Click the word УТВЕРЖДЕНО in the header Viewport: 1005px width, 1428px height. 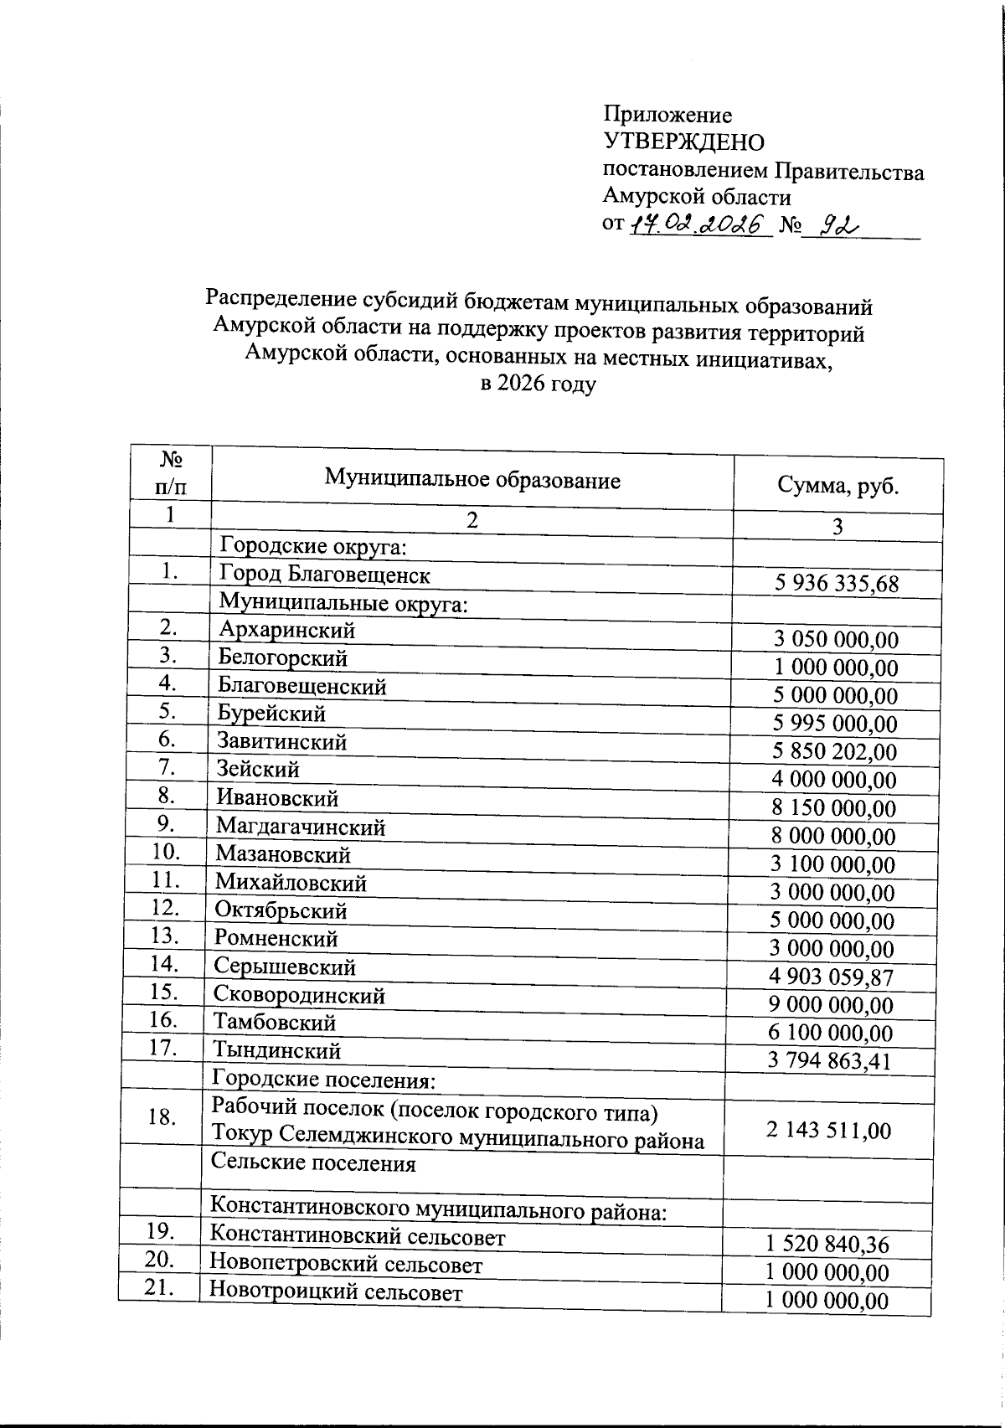683,142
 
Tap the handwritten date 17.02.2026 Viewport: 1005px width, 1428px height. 699,224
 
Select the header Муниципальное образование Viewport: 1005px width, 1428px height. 472,480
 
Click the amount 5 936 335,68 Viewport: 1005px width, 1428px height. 837,584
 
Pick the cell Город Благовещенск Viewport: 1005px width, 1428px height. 325,575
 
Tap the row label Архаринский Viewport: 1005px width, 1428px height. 288,630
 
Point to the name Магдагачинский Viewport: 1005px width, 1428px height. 301,827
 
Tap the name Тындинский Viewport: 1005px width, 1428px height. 277,1050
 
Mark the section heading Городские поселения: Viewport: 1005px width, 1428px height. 322,1079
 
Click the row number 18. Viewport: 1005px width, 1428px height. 161,1117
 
